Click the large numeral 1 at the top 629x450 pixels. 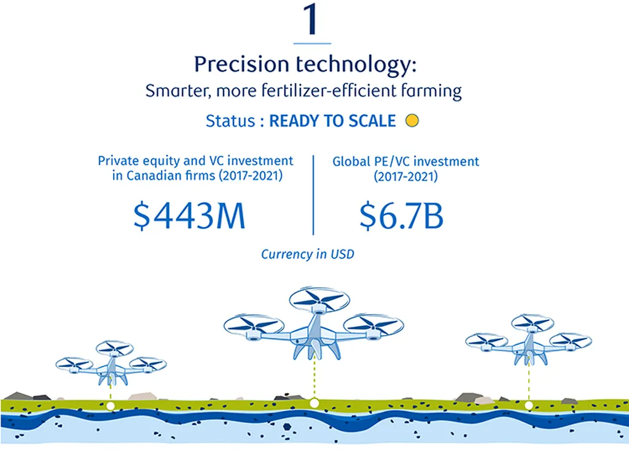(x=310, y=18)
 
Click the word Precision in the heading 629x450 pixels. (x=241, y=64)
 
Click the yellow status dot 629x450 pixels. (x=412, y=120)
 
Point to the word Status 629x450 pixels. (x=230, y=121)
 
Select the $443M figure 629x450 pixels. (x=189, y=215)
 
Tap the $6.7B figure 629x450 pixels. (x=401, y=215)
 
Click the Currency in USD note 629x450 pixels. (x=308, y=254)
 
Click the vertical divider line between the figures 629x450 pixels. (x=313, y=195)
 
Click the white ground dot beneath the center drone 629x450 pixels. (x=314, y=403)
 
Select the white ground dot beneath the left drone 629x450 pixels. (x=111, y=406)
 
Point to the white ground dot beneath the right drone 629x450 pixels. (x=529, y=406)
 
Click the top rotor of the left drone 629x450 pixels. (x=114, y=349)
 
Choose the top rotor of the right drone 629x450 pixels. (x=533, y=324)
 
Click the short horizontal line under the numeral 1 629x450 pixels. (x=312, y=43)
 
